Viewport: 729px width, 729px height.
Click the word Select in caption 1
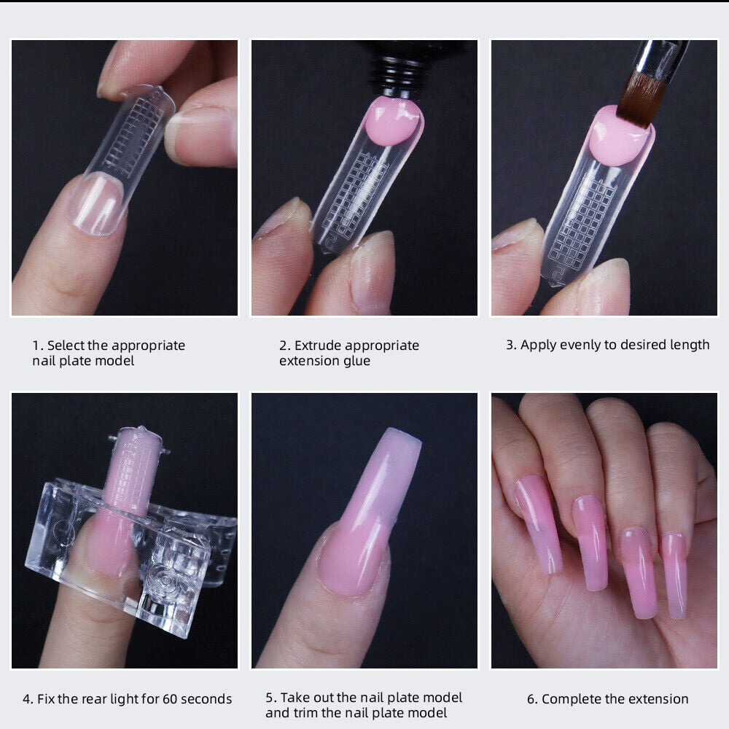click(x=66, y=346)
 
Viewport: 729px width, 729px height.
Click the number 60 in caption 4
click(x=170, y=699)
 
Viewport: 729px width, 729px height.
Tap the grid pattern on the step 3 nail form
click(x=583, y=223)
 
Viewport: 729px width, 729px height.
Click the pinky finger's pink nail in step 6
click(x=674, y=575)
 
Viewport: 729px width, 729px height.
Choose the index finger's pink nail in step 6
click(x=539, y=523)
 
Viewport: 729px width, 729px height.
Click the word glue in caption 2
click(x=357, y=362)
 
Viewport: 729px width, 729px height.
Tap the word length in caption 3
click(x=690, y=345)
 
